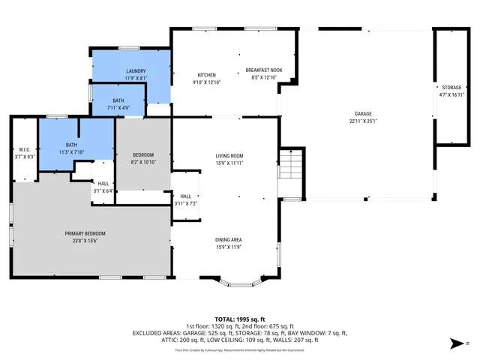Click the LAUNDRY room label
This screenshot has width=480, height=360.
pos(136,70)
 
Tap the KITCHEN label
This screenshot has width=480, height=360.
pos(207,75)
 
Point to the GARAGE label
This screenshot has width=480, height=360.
pos(363,114)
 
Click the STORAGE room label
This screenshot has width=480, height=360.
pos(451,88)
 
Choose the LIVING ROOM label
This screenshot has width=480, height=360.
pos(229,156)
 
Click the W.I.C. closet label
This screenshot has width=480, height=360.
pos(25,149)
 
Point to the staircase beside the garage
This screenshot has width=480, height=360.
pos(289,164)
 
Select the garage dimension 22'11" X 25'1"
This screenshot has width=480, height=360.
pos(363,121)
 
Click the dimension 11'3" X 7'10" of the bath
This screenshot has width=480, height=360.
pos(71,152)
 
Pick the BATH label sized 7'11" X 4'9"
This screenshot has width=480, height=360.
pos(119,100)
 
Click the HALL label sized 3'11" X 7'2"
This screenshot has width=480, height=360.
pos(185,196)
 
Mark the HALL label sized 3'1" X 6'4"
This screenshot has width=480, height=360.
pos(103,184)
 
